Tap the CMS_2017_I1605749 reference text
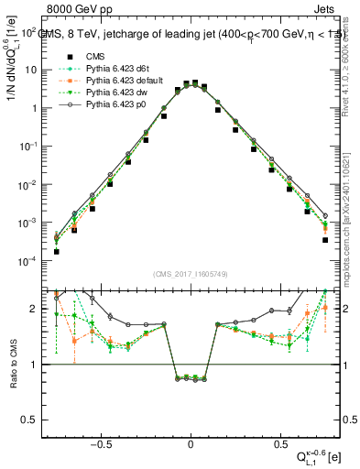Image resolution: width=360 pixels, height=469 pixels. [x=191, y=274]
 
